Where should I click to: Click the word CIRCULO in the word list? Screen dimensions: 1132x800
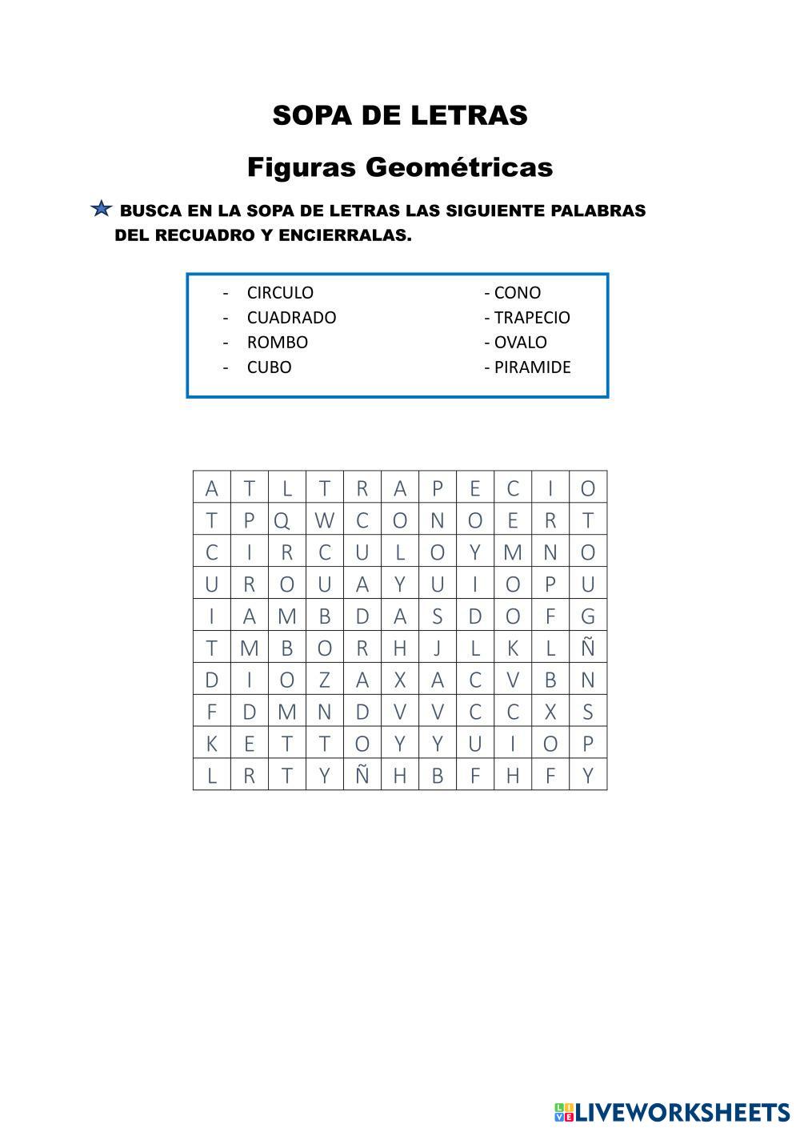point(280,293)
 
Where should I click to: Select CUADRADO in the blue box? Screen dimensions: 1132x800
point(291,318)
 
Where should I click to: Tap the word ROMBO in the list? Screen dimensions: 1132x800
point(277,343)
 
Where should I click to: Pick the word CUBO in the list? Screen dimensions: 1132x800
point(269,367)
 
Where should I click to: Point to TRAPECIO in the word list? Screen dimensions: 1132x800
point(532,318)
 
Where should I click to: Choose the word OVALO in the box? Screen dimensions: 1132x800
point(520,343)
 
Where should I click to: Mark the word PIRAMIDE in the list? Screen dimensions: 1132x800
point(532,367)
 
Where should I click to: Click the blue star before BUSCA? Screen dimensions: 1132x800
point(101,210)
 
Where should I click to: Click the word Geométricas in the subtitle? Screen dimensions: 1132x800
point(459,167)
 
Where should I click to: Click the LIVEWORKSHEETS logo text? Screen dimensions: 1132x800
point(682,1111)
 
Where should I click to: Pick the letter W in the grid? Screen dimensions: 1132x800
point(324,521)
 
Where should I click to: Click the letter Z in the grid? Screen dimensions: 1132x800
point(324,680)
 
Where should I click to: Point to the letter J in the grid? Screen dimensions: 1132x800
point(437,648)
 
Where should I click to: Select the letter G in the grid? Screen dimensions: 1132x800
point(588,616)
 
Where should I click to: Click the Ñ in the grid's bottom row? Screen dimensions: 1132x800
point(362,776)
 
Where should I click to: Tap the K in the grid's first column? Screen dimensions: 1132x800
point(211,744)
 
